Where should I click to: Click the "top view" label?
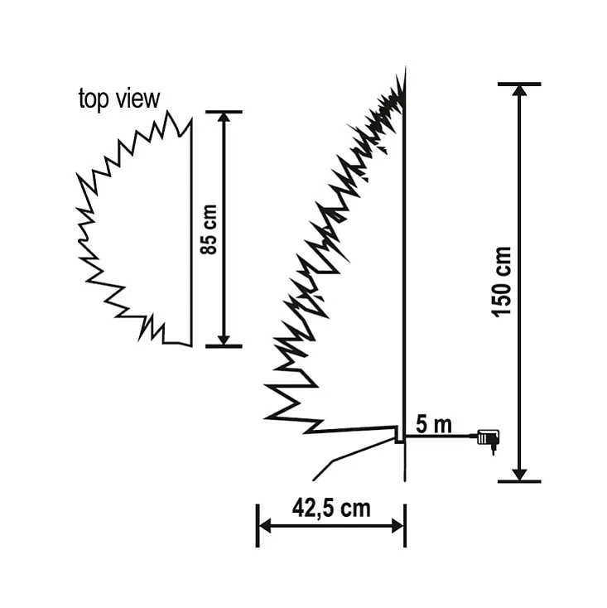tap(118, 99)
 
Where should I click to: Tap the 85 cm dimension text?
tap(210, 229)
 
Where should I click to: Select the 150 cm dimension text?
tap(502, 281)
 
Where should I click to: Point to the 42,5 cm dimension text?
tap(331, 508)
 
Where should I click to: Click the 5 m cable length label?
tap(433, 426)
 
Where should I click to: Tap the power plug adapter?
tap(486, 437)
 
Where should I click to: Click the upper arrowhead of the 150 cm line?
tap(519, 92)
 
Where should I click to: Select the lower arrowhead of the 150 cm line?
tap(519, 473)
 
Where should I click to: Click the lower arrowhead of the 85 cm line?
tap(223, 338)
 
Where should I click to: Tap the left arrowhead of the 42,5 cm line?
tap(265, 524)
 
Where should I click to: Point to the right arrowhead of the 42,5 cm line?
tap(397, 524)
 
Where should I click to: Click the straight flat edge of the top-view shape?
tap(192, 232)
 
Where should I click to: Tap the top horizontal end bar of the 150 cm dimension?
tap(519, 84)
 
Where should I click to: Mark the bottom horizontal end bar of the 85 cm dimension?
tap(223, 345)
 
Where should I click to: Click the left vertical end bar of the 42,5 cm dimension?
tap(257, 524)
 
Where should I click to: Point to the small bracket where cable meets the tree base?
tap(399, 435)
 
